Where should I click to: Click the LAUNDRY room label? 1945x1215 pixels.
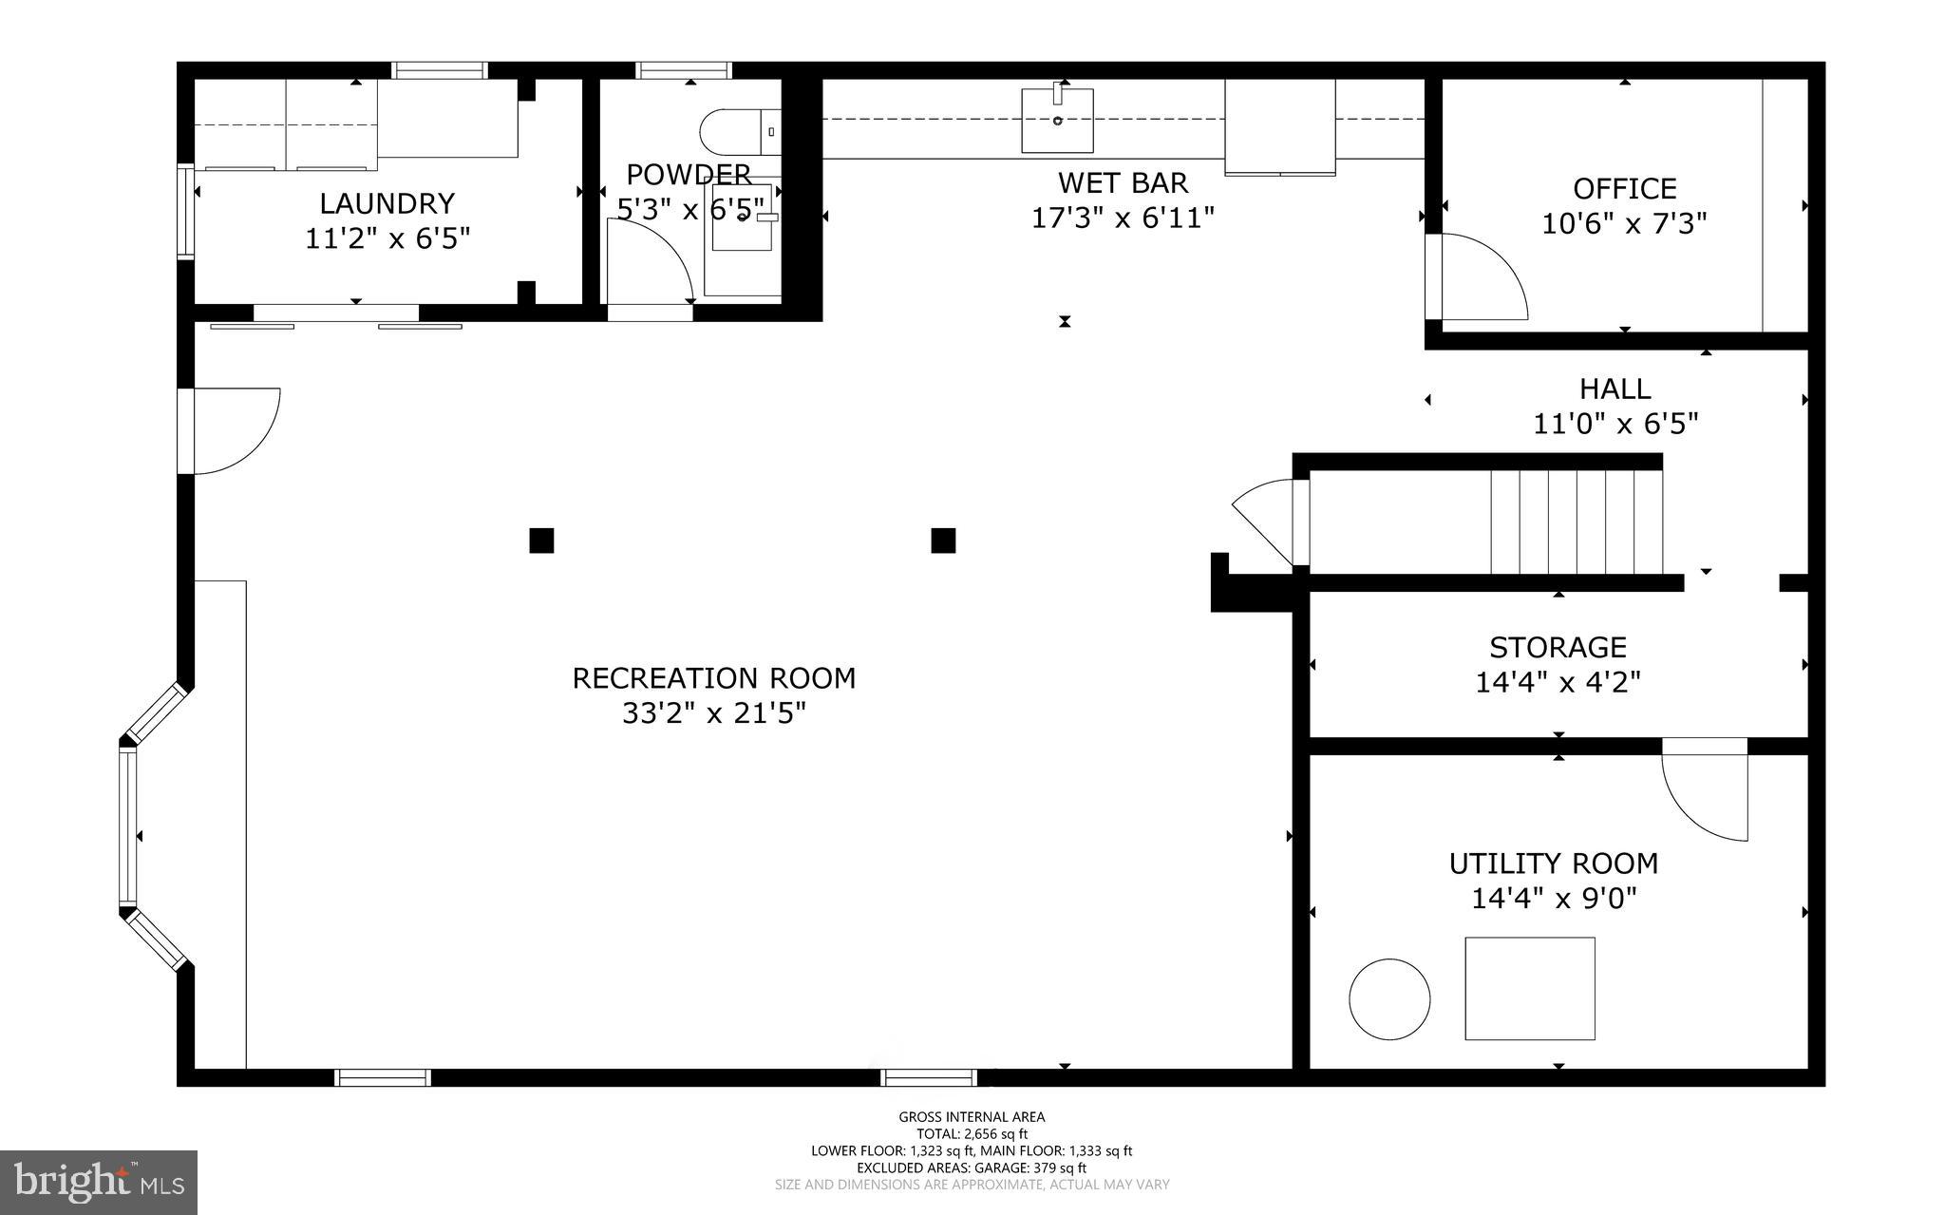pyautogui.click(x=387, y=203)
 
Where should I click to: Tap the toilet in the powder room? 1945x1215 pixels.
pyautogui.click(x=739, y=132)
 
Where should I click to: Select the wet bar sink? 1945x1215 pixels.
pyautogui.click(x=1057, y=120)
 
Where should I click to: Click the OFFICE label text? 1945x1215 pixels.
pyautogui.click(x=1624, y=188)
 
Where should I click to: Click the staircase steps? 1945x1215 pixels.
pyautogui.click(x=1577, y=522)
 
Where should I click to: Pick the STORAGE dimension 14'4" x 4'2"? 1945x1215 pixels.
pyautogui.click(x=1558, y=682)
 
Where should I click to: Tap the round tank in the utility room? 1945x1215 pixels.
pyautogui.click(x=1389, y=998)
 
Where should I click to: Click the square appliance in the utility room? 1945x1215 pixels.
pyautogui.click(x=1529, y=988)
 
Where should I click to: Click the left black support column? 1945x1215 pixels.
pyautogui.click(x=541, y=541)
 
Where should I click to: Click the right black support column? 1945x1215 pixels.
pyautogui.click(x=943, y=541)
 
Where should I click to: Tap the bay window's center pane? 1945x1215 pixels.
pyautogui.click(x=127, y=825)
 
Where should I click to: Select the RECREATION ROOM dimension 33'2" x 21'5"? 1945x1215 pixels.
pyautogui.click(x=713, y=713)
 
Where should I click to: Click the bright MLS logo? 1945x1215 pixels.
pyautogui.click(x=99, y=1182)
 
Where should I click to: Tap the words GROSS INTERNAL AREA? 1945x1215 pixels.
pyautogui.click(x=972, y=1117)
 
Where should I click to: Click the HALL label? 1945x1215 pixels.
pyautogui.click(x=1615, y=389)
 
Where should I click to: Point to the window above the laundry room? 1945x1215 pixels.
pyautogui.click(x=440, y=70)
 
